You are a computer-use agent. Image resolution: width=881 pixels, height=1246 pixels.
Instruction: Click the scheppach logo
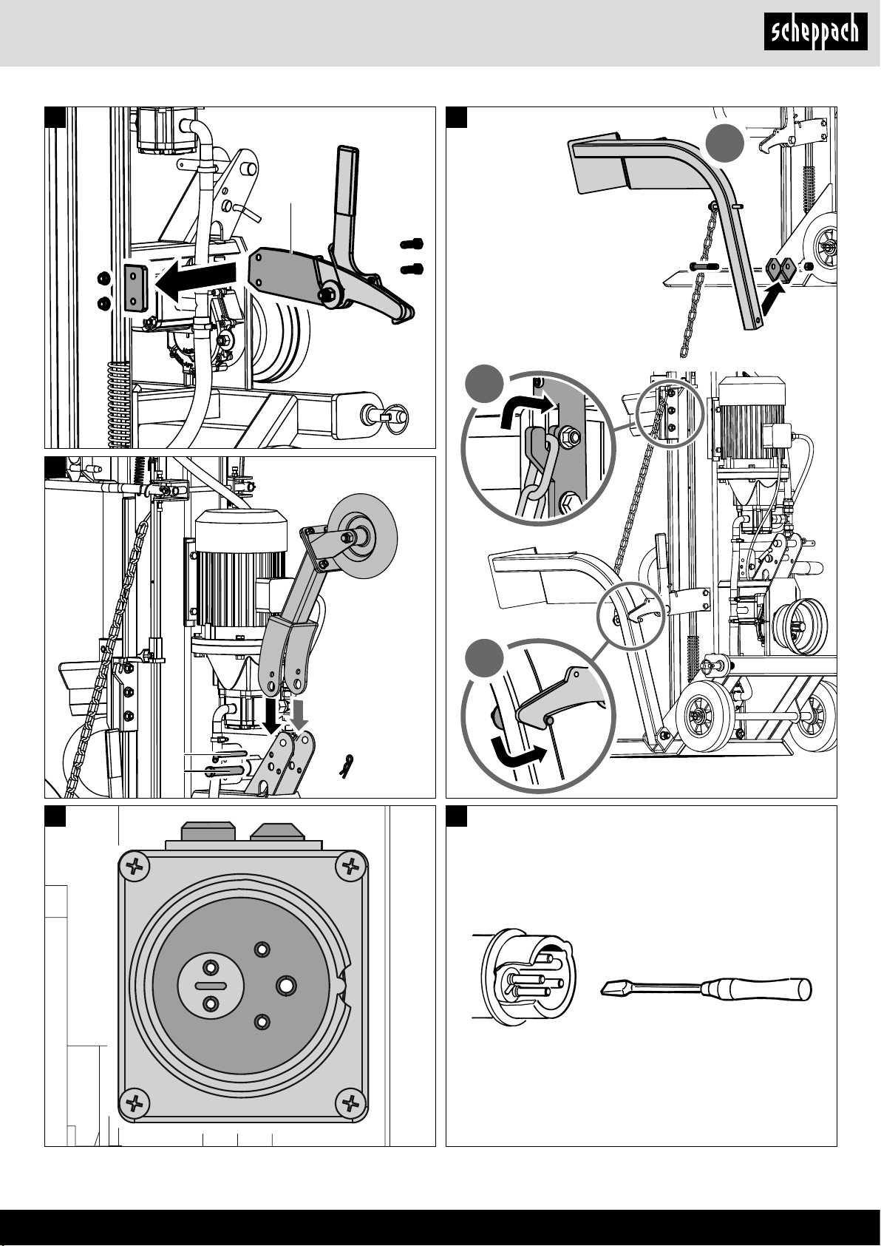[x=815, y=33]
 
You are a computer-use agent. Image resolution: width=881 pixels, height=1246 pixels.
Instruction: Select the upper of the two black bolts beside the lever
[x=411, y=243]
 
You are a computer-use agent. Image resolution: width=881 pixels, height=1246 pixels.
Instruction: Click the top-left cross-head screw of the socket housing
[x=135, y=868]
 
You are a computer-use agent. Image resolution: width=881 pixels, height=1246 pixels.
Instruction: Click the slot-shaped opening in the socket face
[x=211, y=986]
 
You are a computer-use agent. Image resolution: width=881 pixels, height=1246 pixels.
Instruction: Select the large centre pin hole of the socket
[x=286, y=985]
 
